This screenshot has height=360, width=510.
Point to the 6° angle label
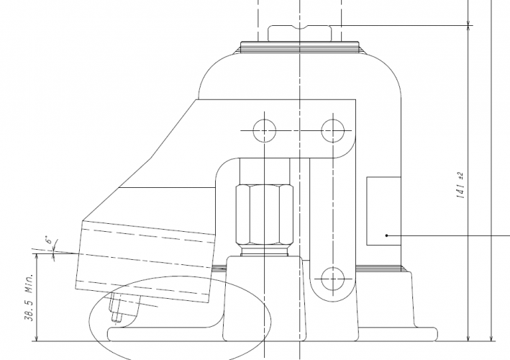(49, 239)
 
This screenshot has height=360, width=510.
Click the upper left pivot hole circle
(264, 130)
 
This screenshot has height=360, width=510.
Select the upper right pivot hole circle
(332, 130)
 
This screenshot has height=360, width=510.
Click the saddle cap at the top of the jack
(299, 33)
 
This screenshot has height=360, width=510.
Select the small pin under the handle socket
(115, 310)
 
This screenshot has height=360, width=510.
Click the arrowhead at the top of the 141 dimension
(469, 27)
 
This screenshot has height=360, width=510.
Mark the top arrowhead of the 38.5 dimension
(35, 256)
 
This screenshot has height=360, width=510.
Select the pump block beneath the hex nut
(262, 295)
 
